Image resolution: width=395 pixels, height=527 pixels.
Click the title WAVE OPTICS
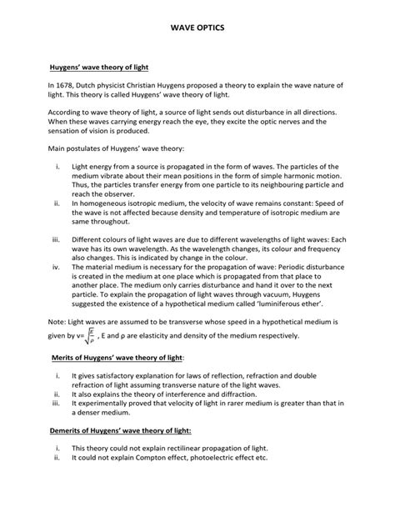coord(197,28)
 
